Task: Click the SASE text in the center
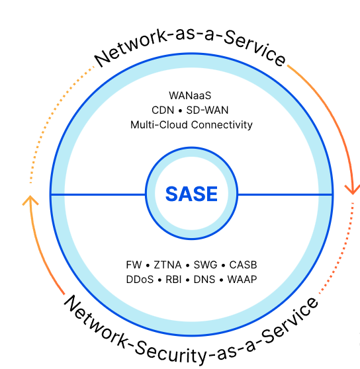(191, 194)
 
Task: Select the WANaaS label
(190, 95)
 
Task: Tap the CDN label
(163, 110)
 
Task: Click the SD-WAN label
(207, 110)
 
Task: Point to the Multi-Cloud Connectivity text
(191, 125)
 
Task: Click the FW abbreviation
(134, 265)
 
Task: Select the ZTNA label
(167, 265)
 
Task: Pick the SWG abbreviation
(205, 265)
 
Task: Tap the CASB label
(243, 265)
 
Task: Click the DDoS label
(140, 280)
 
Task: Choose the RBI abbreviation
(173, 280)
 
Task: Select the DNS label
(204, 280)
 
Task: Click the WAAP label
(242, 280)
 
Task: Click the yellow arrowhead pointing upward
(30, 200)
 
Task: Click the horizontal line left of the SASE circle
(98, 194)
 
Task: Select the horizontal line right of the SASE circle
(285, 194)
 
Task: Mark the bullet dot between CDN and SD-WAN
(180, 111)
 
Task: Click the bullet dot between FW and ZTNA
(148, 266)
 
